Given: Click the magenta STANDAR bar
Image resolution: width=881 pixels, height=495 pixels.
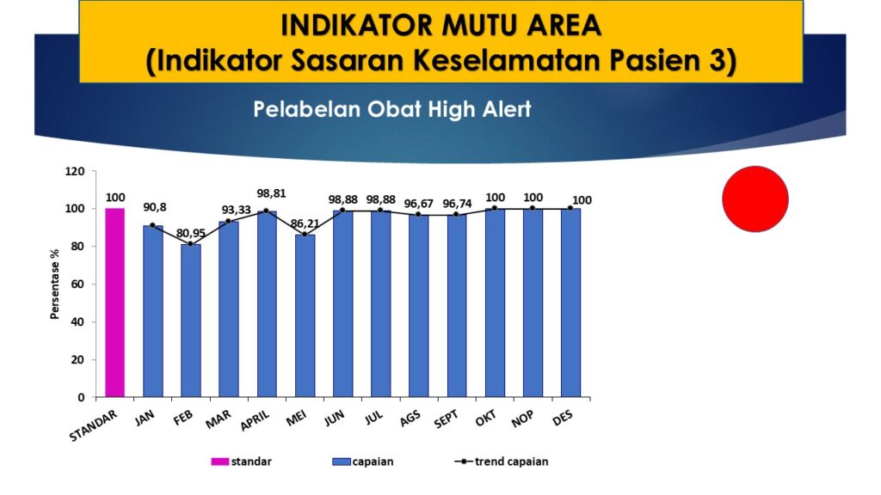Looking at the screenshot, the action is pyautogui.click(x=114, y=302).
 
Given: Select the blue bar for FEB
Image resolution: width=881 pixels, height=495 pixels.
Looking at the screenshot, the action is pyautogui.click(x=191, y=321).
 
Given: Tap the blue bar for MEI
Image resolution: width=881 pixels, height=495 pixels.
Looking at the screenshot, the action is pyautogui.click(x=305, y=316).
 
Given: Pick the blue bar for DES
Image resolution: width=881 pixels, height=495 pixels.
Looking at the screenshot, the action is pyautogui.click(x=571, y=302).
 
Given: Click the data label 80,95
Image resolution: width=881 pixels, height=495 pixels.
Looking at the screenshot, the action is pyautogui.click(x=190, y=233).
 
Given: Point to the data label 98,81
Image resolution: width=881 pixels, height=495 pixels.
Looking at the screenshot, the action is pyautogui.click(x=271, y=193).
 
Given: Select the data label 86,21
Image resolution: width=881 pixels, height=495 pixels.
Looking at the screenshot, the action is pyautogui.click(x=305, y=223).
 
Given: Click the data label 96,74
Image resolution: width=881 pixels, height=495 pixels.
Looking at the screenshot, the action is pyautogui.click(x=457, y=204).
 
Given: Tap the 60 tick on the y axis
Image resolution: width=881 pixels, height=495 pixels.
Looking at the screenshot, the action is pyautogui.click(x=77, y=284).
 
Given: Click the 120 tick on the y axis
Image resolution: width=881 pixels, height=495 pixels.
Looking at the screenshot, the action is pyautogui.click(x=75, y=171).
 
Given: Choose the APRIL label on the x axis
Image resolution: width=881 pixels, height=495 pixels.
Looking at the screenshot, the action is pyautogui.click(x=255, y=419).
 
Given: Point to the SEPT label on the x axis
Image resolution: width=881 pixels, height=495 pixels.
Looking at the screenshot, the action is pyautogui.click(x=447, y=419).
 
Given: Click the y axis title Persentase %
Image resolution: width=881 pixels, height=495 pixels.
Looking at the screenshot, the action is pyautogui.click(x=54, y=284).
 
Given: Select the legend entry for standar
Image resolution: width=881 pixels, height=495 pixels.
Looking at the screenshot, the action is pyautogui.click(x=241, y=461).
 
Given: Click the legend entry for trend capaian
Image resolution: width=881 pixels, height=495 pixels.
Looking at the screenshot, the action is pyautogui.click(x=502, y=461).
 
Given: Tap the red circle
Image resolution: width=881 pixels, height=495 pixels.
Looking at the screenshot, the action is pyautogui.click(x=755, y=199).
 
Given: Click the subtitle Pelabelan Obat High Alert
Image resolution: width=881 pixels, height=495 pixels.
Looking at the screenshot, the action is pyautogui.click(x=392, y=109).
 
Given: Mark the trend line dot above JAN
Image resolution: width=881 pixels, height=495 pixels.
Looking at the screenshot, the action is pyautogui.click(x=153, y=225).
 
